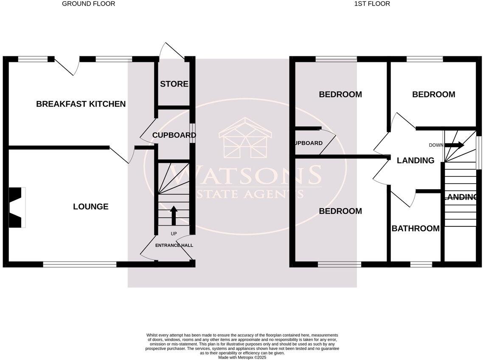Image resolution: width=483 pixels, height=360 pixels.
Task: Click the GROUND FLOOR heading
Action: pos(88,4)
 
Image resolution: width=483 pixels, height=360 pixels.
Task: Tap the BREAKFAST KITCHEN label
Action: pos(81,104)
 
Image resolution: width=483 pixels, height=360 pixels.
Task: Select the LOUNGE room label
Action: pos(90,207)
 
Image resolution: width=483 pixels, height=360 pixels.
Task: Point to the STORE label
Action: pos(174,84)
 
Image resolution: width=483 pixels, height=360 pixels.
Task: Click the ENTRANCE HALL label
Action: pos(174,246)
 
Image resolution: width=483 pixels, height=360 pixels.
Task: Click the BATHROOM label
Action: pos(415,229)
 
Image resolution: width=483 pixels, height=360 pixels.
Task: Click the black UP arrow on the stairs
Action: pos(174,215)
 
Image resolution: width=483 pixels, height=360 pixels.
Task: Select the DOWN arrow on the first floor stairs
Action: pos(454,145)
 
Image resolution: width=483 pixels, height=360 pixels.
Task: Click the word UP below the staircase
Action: pos(174,234)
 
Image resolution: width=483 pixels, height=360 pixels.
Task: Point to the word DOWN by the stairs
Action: pos(435,145)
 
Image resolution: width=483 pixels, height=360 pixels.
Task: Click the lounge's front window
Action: pos(80,264)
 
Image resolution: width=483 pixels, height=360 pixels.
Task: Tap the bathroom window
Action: pos(421,264)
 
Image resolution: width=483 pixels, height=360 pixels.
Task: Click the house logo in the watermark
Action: pos(245,138)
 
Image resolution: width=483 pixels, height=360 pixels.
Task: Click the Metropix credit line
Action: pos(242,357)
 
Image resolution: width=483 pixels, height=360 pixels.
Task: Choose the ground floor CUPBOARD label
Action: pos(174,136)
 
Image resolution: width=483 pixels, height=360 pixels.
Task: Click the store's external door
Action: pos(171,52)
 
